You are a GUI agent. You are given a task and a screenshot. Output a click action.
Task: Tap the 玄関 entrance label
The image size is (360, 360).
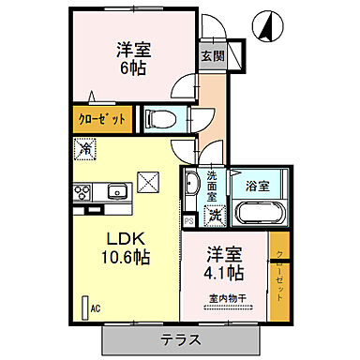click(210, 55)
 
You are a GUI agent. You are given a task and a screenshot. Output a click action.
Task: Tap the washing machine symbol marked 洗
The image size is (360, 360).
click(215, 215)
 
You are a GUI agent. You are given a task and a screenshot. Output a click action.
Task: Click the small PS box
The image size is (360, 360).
click(189, 222)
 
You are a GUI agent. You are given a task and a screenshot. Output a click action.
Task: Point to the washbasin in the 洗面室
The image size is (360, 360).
click(189, 185)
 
